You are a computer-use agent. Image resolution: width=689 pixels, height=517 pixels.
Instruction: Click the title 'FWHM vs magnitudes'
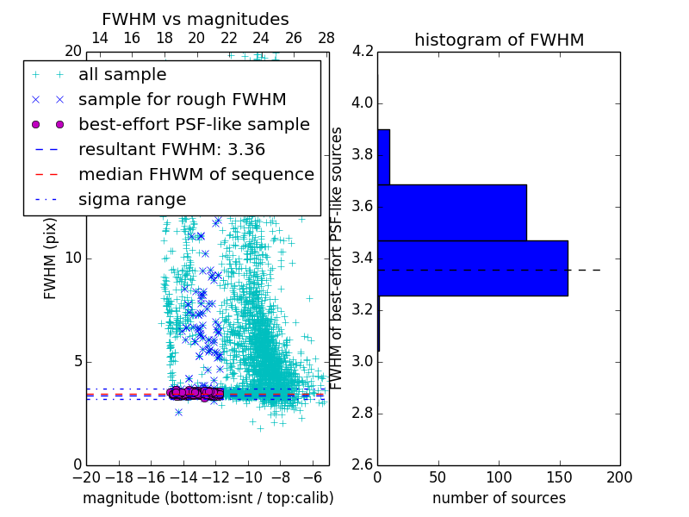point(195,19)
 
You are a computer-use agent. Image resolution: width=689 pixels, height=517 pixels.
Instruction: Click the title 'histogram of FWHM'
point(499,40)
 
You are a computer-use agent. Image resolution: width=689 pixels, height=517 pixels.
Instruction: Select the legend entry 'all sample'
point(122,75)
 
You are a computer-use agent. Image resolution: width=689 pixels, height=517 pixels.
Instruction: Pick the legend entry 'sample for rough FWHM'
point(182,99)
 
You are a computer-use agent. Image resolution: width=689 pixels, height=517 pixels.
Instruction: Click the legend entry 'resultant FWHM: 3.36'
point(171,149)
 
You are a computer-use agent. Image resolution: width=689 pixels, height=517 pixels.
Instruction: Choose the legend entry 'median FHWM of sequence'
point(196,174)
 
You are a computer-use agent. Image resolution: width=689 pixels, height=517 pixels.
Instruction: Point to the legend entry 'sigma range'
point(132,199)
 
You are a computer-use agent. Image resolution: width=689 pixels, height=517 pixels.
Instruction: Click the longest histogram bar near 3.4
point(472,268)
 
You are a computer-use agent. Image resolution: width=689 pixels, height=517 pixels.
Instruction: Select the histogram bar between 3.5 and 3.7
point(451,212)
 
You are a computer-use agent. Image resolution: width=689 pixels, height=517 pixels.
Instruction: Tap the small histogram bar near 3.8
point(383,157)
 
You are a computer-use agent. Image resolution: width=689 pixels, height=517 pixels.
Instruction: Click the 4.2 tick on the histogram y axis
point(363,52)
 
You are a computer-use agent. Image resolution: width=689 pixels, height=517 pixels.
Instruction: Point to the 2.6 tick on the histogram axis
point(363,464)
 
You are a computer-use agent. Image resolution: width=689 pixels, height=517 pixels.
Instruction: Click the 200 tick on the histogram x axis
point(619,477)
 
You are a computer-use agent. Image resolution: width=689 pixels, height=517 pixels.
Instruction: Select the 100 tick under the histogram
point(499,477)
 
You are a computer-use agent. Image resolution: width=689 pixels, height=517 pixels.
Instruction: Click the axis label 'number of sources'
point(499,498)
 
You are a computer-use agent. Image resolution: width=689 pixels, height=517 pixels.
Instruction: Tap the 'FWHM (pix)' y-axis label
point(51,258)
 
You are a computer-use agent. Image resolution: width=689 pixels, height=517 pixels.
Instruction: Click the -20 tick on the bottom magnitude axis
point(85,477)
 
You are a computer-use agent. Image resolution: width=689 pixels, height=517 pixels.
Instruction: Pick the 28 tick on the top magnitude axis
point(326,38)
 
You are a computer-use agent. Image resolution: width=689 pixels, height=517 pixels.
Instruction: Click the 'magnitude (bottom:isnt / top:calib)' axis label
point(208,498)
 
